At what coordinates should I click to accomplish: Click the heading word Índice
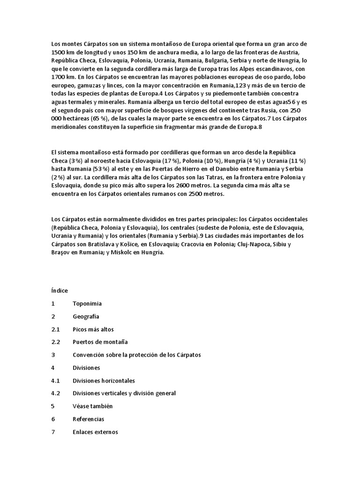click(x=60, y=291)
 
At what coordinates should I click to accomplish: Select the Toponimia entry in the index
click(x=87, y=304)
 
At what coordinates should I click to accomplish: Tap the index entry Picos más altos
click(x=93, y=329)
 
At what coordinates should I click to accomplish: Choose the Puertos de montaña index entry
click(x=100, y=342)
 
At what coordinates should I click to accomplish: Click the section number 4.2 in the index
click(x=56, y=393)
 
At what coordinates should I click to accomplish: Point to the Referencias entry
click(x=88, y=419)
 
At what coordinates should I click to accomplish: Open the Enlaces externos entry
click(x=95, y=431)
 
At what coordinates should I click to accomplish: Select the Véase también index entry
click(x=92, y=406)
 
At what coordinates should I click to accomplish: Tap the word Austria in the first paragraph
click(x=296, y=52)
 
